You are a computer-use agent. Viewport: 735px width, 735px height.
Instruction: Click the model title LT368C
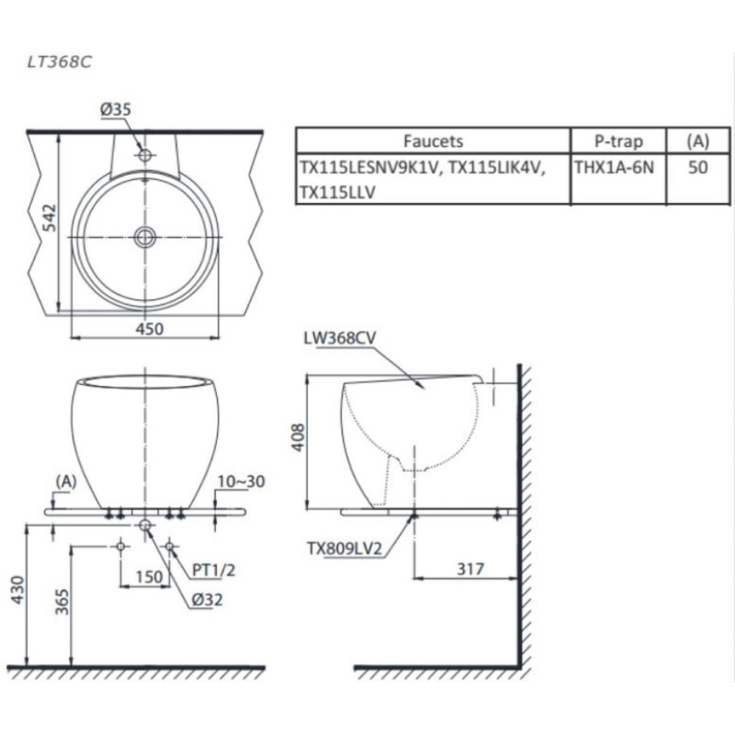click(x=60, y=62)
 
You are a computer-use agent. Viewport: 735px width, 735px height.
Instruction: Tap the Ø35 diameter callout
click(x=116, y=110)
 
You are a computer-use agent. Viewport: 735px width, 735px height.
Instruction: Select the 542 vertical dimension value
click(x=49, y=218)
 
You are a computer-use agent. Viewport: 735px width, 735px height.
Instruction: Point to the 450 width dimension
click(x=149, y=329)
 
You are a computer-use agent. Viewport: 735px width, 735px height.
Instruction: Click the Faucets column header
click(x=433, y=141)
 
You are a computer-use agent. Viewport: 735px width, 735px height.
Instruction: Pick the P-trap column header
click(x=618, y=141)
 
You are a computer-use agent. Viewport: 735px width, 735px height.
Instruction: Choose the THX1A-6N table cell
click(x=614, y=168)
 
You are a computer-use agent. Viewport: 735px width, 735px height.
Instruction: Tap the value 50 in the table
click(x=698, y=168)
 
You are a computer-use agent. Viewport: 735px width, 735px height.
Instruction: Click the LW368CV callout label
click(x=340, y=337)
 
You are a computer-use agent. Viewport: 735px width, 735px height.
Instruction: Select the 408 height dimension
click(x=298, y=437)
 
